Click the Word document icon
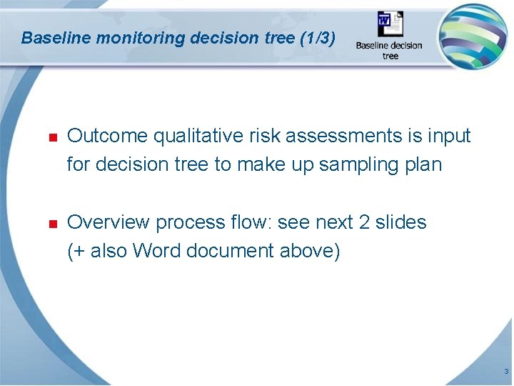tap(390, 26)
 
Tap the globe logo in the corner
tap(473, 36)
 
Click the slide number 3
tap(505, 372)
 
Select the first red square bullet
tap(52, 137)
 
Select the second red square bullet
tap(52, 224)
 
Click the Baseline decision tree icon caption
tap(389, 50)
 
